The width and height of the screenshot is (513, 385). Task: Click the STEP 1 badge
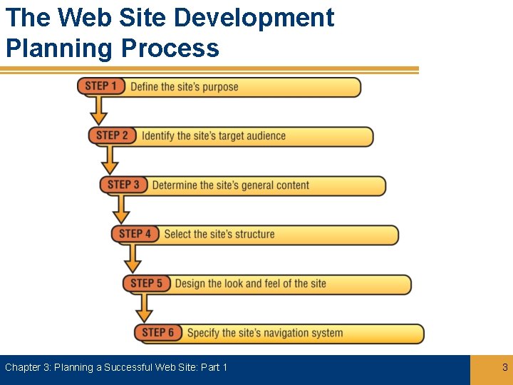click(x=101, y=87)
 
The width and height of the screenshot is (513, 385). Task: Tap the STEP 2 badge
click(x=113, y=135)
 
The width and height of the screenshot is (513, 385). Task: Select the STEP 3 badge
click(x=124, y=185)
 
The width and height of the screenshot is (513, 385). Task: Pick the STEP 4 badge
click(x=135, y=234)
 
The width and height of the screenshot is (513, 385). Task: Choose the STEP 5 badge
click(x=147, y=283)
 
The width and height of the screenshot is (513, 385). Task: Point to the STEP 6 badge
click(x=158, y=332)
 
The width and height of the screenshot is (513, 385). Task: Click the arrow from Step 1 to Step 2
click(x=99, y=110)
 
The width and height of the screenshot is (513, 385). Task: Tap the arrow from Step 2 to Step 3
click(x=110, y=159)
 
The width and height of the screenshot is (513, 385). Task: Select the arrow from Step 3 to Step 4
click(x=122, y=208)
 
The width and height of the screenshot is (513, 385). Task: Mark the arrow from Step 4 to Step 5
click(x=133, y=257)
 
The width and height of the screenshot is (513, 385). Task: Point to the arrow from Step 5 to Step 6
click(x=145, y=307)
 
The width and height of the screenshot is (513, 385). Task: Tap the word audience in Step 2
click(x=266, y=136)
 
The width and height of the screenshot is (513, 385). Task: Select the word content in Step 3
click(x=290, y=185)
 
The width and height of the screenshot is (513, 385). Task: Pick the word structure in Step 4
click(x=255, y=234)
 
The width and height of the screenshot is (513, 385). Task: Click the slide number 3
click(x=505, y=368)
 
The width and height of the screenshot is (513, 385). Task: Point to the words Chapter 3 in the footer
click(x=27, y=368)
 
